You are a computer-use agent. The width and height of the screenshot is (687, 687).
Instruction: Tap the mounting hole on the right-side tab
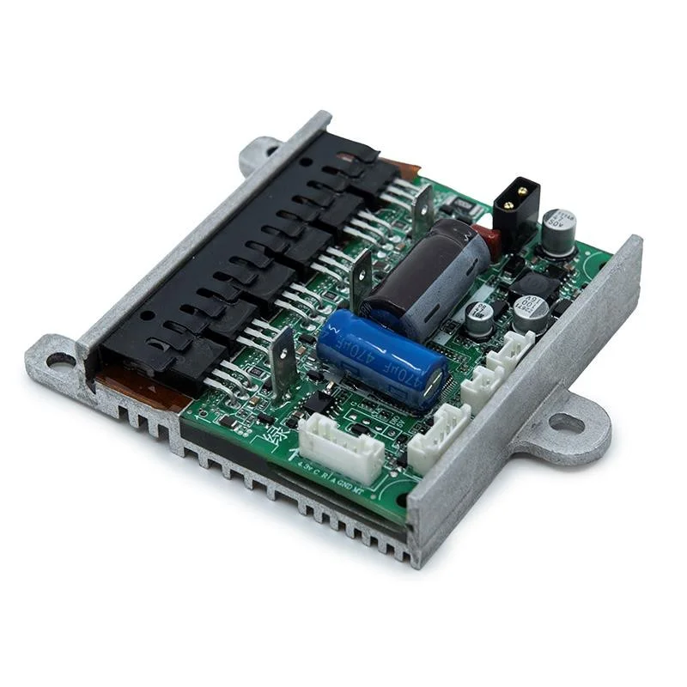click(x=567, y=423)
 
